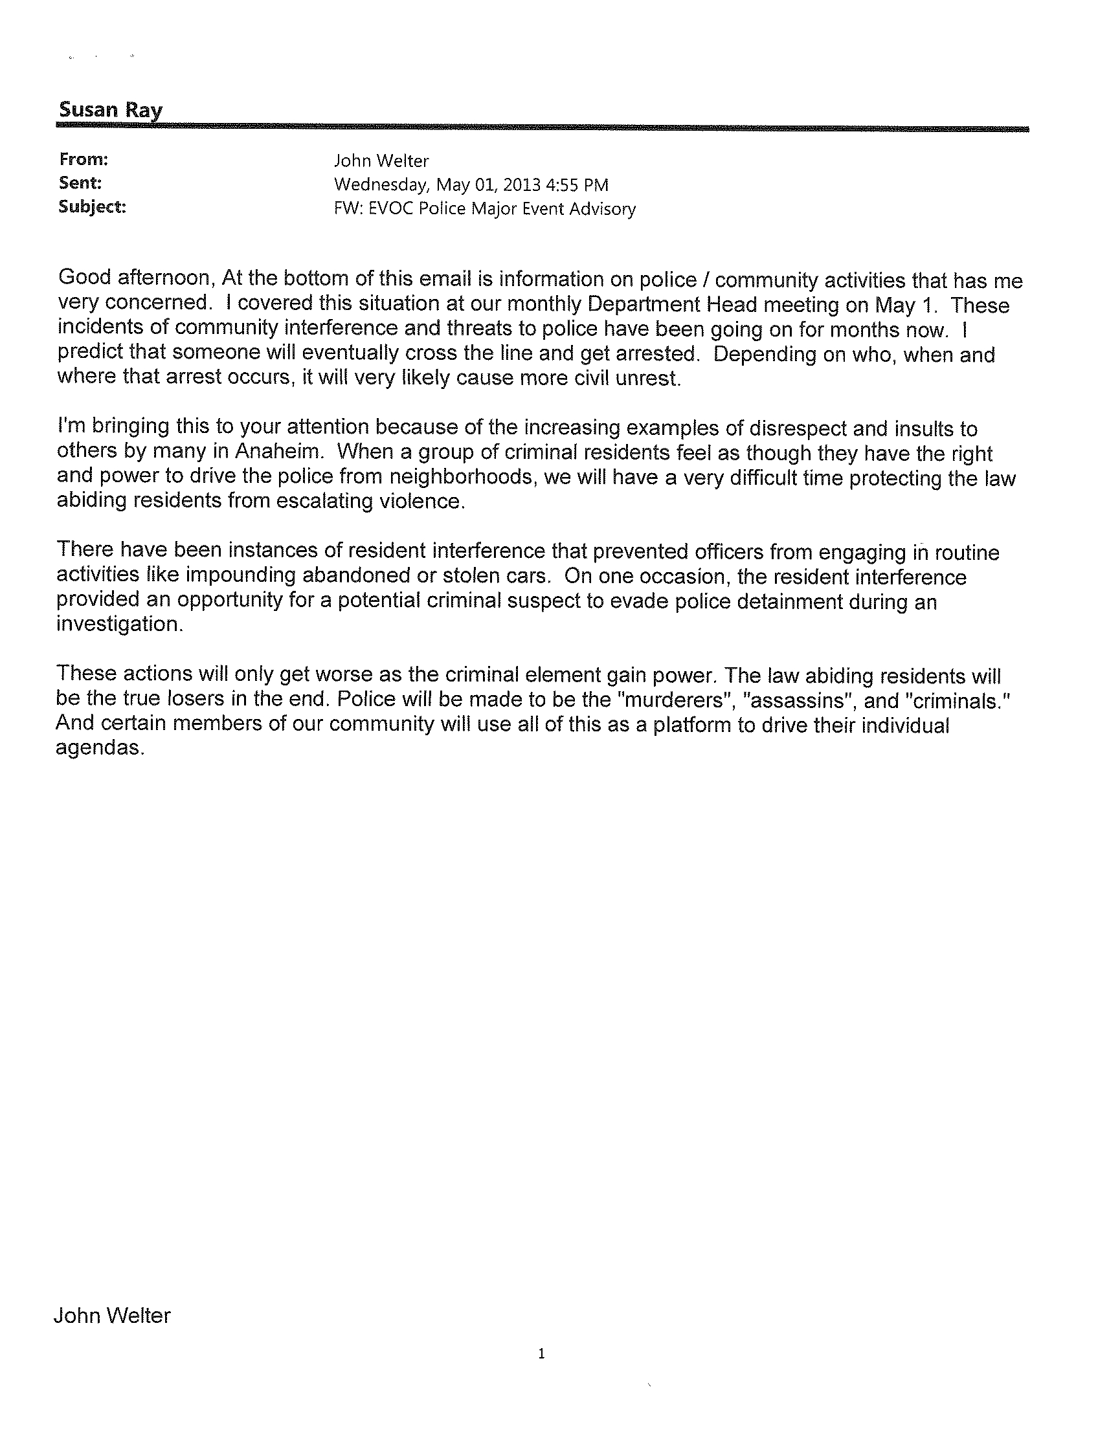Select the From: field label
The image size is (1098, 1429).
[x=83, y=159]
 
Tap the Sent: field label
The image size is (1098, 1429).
[x=80, y=183]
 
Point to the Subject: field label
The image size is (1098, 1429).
[x=91, y=206]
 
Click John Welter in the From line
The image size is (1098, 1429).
[x=381, y=161]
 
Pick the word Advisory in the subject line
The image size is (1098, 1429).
[x=604, y=209]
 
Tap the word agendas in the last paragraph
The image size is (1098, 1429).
[x=98, y=748]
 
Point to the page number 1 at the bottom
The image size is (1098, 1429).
[x=541, y=1353]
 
